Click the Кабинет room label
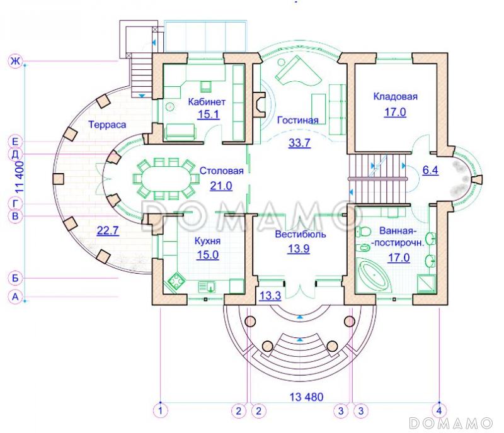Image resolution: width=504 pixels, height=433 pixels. coord(207,102)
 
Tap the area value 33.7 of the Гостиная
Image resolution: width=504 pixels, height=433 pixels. coord(300,142)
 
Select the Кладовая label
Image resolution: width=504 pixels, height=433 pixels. coord(396,96)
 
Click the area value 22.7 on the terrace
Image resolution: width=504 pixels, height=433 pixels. coord(108,230)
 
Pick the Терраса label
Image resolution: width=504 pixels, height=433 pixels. coord(107,125)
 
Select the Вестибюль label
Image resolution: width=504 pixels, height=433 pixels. coord(301,234)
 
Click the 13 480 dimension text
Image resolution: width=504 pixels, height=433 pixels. coord(306,397)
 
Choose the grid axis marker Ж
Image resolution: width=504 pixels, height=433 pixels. coord(15,61)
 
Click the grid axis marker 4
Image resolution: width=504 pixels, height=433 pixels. coord(439,410)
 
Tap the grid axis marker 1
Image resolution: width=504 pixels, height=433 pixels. coord(160,410)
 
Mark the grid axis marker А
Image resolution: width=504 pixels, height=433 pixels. coord(15,297)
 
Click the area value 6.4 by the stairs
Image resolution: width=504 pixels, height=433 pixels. coord(430,170)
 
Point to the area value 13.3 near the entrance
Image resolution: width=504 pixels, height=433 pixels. coord(270,295)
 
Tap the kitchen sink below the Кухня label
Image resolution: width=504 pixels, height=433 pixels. coord(207,286)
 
